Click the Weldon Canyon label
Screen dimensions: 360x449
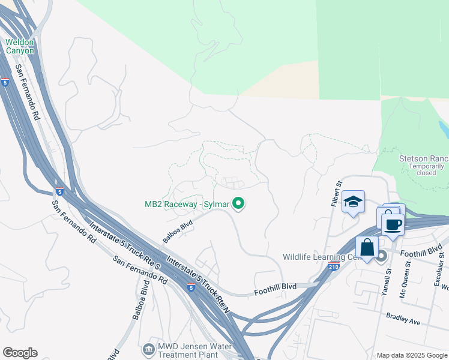(20, 46)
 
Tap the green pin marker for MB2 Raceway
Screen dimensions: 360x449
(239, 205)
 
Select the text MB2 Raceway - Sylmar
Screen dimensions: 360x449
(187, 205)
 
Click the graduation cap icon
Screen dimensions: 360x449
(353, 202)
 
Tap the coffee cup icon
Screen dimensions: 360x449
(393, 224)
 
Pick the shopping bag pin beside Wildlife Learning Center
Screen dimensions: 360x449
(367, 247)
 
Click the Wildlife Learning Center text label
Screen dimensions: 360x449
(322, 257)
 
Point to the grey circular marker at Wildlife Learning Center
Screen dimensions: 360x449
(381, 257)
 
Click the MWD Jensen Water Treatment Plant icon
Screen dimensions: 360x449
(148, 349)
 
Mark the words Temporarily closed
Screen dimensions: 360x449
(426, 169)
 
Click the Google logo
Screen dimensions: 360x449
(20, 353)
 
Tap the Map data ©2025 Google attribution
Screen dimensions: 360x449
(412, 355)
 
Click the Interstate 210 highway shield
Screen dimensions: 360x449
(334, 265)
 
